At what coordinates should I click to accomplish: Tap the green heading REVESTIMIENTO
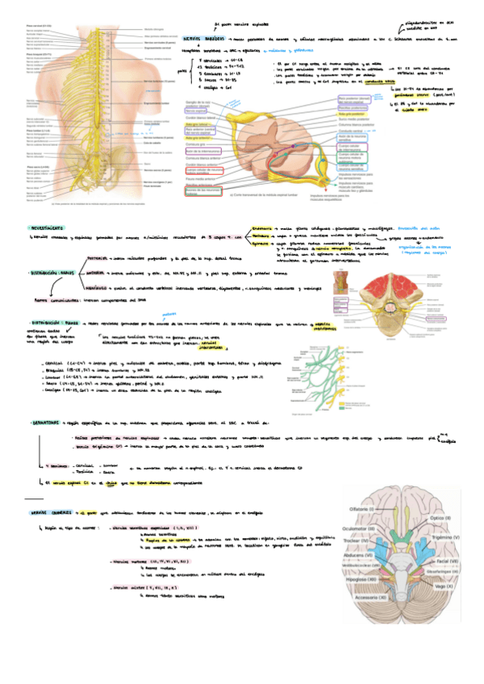pyautogui.click(x=50, y=229)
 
